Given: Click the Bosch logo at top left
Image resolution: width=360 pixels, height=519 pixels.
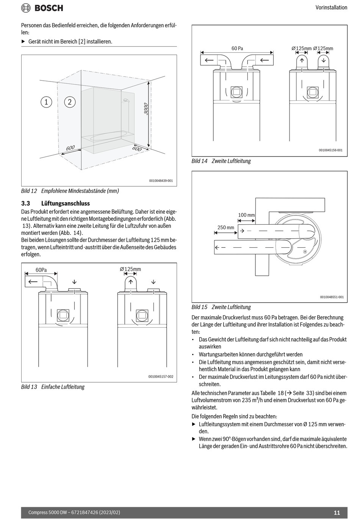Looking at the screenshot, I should coord(42,8).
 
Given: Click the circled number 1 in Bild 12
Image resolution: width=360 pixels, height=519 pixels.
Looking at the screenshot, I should coord(46,102).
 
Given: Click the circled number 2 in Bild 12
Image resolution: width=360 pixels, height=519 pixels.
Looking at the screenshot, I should coord(70,102).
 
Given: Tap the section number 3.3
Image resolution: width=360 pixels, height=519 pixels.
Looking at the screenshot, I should coord(25,203).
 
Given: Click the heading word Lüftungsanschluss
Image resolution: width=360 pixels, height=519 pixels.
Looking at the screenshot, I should coord(66,203).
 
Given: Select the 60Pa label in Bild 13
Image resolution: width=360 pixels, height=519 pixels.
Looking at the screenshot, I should coord(41,270).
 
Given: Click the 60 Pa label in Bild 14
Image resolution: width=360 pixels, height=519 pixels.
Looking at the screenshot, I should coord(237,48).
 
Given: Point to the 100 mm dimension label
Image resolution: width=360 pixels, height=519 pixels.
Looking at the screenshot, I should coord(246,215).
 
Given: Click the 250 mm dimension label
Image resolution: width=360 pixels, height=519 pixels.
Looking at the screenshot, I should coord(226,228).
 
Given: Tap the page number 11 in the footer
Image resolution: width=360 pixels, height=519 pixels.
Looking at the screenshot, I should coord(337,513).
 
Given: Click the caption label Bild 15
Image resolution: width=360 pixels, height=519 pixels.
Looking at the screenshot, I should coord(199,307).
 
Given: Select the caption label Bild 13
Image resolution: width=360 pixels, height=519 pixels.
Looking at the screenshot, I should coord(29,387).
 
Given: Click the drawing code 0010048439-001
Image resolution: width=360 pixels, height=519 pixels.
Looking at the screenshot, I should coord(161,181).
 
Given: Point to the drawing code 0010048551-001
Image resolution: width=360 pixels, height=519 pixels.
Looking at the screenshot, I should coord(332,297).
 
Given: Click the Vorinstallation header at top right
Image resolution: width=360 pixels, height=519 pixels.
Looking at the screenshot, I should coord(331,8).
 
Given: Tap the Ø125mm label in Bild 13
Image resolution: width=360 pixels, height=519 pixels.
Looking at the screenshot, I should coord(130,269).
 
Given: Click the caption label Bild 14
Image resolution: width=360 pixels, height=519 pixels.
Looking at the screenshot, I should coord(199,161).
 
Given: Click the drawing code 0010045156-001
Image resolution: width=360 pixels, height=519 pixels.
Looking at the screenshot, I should coord(330,150).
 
